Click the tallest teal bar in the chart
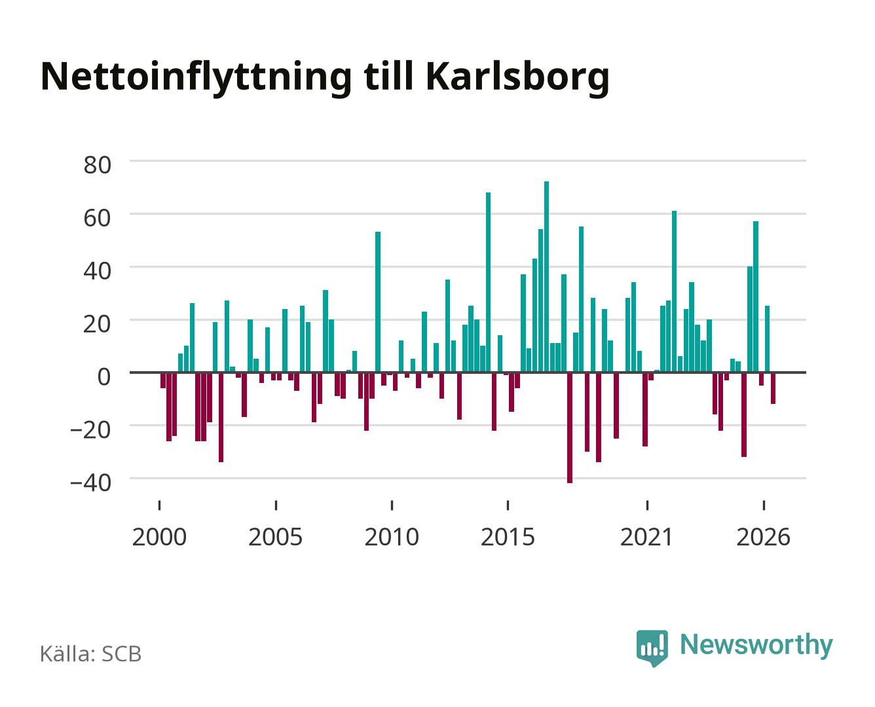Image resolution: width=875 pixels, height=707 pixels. tap(546, 276)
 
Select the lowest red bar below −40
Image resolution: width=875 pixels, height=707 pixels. tap(569, 427)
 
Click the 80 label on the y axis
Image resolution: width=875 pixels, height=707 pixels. tap(97, 165)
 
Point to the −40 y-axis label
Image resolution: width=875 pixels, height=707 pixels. tap(90, 482)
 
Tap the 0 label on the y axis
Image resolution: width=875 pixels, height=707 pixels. tap(104, 376)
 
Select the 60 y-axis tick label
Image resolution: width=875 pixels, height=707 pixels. tap(97, 218)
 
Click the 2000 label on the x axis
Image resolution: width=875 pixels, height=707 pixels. tap(159, 537)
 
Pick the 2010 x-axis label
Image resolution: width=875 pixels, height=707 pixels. tap(392, 537)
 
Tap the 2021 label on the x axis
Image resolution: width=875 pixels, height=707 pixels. tap(646, 537)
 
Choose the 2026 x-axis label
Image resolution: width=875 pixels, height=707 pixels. tap(763, 537)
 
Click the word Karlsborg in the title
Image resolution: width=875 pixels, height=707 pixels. tap(517, 78)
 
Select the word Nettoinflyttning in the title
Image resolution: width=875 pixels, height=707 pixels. tap(196, 78)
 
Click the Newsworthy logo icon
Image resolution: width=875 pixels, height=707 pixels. tap(652, 647)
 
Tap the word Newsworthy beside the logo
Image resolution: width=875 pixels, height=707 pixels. tap(756, 645)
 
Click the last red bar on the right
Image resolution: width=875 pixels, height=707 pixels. tap(773, 388)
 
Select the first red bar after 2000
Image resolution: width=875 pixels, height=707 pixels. tap(162, 380)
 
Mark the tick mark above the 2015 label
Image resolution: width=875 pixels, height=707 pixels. tap(508, 505)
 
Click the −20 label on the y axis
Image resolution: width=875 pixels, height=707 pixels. tap(90, 429)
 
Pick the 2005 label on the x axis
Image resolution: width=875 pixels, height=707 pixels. tap(275, 537)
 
